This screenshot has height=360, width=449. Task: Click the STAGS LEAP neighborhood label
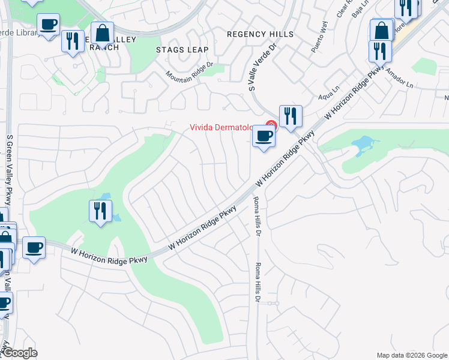pyautogui.click(x=182, y=50)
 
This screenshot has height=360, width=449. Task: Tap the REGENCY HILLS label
pyautogui.click(x=260, y=34)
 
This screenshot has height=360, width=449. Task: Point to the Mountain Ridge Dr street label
pyautogui.click(x=190, y=71)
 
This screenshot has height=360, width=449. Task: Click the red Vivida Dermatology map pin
pyautogui.click(x=271, y=125)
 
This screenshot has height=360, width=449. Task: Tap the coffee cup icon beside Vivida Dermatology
pyautogui.click(x=263, y=137)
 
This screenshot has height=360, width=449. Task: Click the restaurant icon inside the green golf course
pyautogui.click(x=100, y=211)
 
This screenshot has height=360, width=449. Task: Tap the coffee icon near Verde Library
pyautogui.click(x=48, y=25)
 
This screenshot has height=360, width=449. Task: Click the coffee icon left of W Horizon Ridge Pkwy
pyautogui.click(x=34, y=247)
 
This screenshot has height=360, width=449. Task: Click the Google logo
pyautogui.click(x=19, y=353)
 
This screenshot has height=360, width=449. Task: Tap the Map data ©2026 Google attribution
pyautogui.click(x=412, y=355)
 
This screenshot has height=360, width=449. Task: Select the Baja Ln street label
pyautogui.click(x=360, y=11)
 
